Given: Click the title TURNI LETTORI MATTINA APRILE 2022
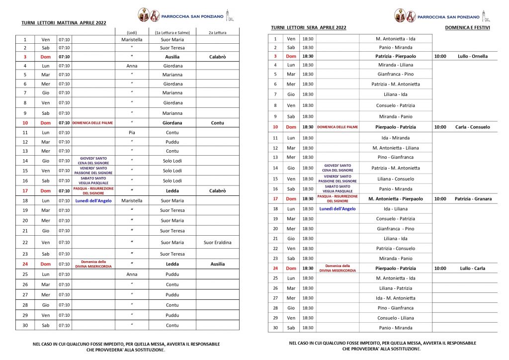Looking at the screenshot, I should tap(64, 23).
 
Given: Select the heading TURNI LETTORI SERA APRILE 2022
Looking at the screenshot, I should tap(309, 27).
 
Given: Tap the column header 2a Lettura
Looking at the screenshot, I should tap(217, 32).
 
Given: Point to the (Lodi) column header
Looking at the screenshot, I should tap(132, 32).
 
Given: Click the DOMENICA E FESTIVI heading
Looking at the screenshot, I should tap(467, 27).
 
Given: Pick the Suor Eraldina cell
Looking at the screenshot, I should tap(217, 242).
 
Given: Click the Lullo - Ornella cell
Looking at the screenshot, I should tap(472, 56).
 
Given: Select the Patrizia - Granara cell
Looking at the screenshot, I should tap(473, 199).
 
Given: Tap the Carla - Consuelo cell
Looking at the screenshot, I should tap(472, 127).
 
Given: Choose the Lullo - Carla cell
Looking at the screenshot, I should tap(472, 268).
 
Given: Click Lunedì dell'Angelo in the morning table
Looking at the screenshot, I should tap(93, 200).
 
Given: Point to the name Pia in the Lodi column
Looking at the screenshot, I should tap(132, 133).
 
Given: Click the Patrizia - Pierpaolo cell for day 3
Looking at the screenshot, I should tap(396, 56).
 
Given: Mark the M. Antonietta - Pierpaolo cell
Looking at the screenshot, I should tap(396, 199).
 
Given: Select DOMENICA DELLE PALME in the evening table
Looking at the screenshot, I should tap(338, 127).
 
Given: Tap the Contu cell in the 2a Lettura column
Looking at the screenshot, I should tap(217, 123).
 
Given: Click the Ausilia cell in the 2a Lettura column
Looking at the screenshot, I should tap(217, 264).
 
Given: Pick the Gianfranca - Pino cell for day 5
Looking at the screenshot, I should tap(396, 74).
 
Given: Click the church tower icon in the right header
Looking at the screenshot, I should tap(486, 16).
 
